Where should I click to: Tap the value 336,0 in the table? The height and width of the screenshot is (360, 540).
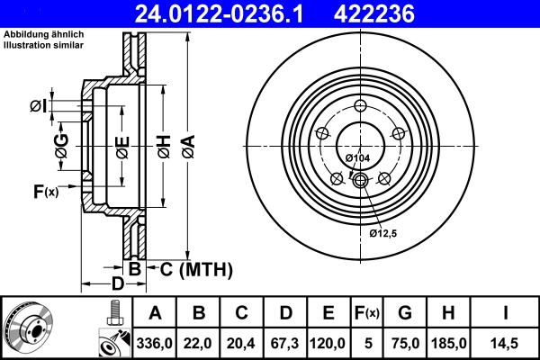[x=155, y=343]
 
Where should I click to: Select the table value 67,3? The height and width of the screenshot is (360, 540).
[x=285, y=343]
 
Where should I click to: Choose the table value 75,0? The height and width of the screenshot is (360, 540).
[x=405, y=343]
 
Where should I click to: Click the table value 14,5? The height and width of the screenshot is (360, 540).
[x=506, y=343]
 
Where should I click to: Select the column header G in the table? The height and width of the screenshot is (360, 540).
[x=405, y=313]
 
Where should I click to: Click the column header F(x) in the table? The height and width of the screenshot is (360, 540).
[x=366, y=313]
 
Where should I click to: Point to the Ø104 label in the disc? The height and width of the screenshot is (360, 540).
[x=358, y=158]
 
